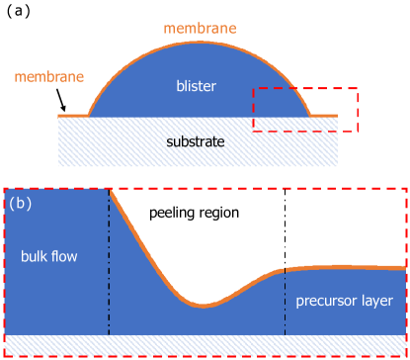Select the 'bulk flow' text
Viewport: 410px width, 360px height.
(48, 256)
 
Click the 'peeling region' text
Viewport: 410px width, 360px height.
(194, 213)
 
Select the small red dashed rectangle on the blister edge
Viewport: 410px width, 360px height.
(305, 109)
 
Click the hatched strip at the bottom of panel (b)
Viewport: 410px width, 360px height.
(205, 344)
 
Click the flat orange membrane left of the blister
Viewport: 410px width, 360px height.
(72, 116)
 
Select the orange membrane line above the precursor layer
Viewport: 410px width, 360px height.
(346, 267)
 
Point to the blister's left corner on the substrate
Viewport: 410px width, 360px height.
(90, 116)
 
